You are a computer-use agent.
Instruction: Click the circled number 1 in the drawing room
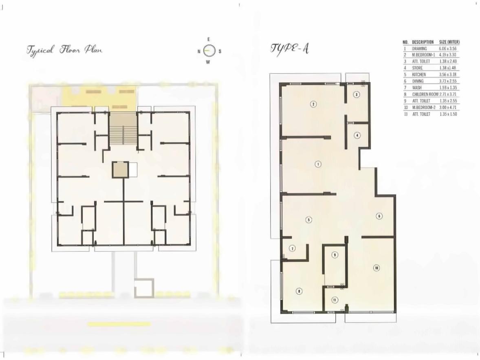(318, 164)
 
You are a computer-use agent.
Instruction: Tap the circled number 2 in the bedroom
(313, 104)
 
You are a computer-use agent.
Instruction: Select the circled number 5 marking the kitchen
(309, 220)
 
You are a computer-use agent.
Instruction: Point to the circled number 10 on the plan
(376, 268)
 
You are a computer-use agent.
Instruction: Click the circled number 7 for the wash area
(292, 248)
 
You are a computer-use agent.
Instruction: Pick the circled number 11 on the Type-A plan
(335, 300)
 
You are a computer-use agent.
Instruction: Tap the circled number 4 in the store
(357, 135)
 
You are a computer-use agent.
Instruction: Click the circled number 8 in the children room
(299, 291)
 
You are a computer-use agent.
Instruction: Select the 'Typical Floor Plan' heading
(64, 50)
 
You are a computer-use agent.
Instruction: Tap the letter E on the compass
(209, 40)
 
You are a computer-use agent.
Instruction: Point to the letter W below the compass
(208, 62)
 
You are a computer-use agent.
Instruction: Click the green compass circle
(209, 51)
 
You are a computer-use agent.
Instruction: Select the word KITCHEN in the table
(419, 75)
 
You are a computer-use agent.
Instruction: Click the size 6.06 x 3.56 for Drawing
(449, 48)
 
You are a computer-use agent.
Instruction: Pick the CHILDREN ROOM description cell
(425, 94)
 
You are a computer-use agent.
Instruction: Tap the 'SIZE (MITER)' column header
(449, 42)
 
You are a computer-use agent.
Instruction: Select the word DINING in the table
(418, 81)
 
